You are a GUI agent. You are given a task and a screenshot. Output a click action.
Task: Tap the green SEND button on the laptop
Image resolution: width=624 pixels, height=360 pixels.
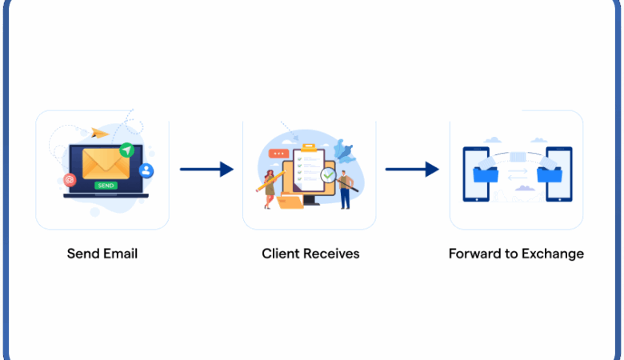tap(105, 185)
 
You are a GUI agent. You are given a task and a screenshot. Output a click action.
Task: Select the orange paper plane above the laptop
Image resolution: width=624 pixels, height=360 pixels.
tap(100, 133)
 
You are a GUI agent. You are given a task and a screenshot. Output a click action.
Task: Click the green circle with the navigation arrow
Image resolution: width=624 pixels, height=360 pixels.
tap(126, 150)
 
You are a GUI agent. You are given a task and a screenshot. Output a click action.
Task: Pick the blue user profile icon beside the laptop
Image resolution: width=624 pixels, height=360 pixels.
tap(146, 170)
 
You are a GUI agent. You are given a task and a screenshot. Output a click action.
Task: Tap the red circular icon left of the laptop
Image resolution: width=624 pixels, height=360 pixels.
tap(70, 180)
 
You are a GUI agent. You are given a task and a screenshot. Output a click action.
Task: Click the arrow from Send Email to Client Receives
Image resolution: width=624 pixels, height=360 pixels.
tap(206, 169)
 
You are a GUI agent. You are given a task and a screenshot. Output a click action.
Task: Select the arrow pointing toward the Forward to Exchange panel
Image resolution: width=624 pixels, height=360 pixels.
tap(412, 169)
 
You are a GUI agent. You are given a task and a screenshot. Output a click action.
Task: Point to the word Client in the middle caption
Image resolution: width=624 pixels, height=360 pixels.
tap(280, 254)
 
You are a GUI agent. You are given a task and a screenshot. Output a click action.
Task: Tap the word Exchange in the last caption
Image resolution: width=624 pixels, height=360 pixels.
tap(553, 254)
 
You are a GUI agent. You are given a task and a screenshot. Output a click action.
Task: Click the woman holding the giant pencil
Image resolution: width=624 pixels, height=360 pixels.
tap(270, 190)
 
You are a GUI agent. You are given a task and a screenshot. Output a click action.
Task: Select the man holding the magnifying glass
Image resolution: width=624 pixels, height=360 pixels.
tap(346, 189)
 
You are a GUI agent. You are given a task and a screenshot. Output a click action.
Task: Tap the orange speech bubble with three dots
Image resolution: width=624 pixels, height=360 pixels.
tap(278, 153)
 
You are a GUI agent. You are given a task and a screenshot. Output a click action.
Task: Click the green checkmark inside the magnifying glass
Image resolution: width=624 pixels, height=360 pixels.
tap(328, 174)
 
